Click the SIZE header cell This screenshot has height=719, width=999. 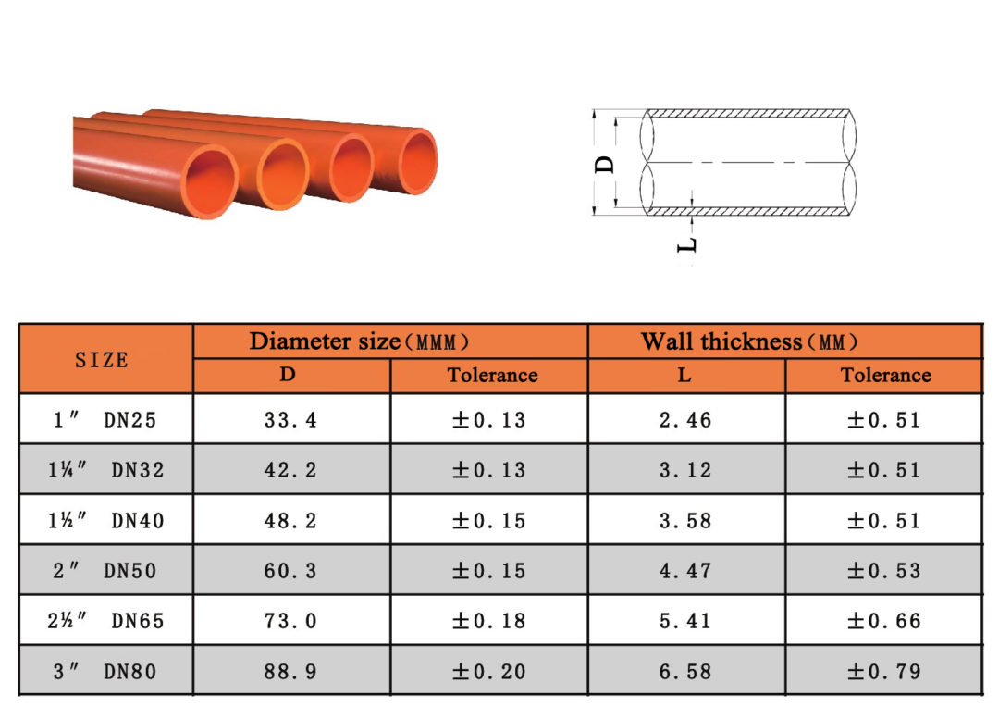[x=102, y=360]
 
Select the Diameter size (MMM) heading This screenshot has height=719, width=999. [x=360, y=341]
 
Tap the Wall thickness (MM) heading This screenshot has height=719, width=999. [x=750, y=341]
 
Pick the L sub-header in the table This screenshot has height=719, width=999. [x=685, y=376]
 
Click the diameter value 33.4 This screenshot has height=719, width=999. [x=290, y=420]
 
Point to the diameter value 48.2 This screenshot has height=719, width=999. [x=290, y=521]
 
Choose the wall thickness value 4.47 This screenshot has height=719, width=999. [x=685, y=571]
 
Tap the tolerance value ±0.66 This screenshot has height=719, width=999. [x=884, y=621]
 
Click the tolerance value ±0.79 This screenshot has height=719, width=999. [x=884, y=672]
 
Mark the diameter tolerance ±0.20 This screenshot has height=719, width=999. [x=488, y=672]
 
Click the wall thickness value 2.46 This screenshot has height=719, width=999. [x=685, y=420]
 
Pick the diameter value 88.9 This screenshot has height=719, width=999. [x=290, y=672]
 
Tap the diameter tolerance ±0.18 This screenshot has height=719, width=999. [x=488, y=621]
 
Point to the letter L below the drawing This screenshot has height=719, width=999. [x=687, y=244]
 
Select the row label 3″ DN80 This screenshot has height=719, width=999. [x=105, y=672]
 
